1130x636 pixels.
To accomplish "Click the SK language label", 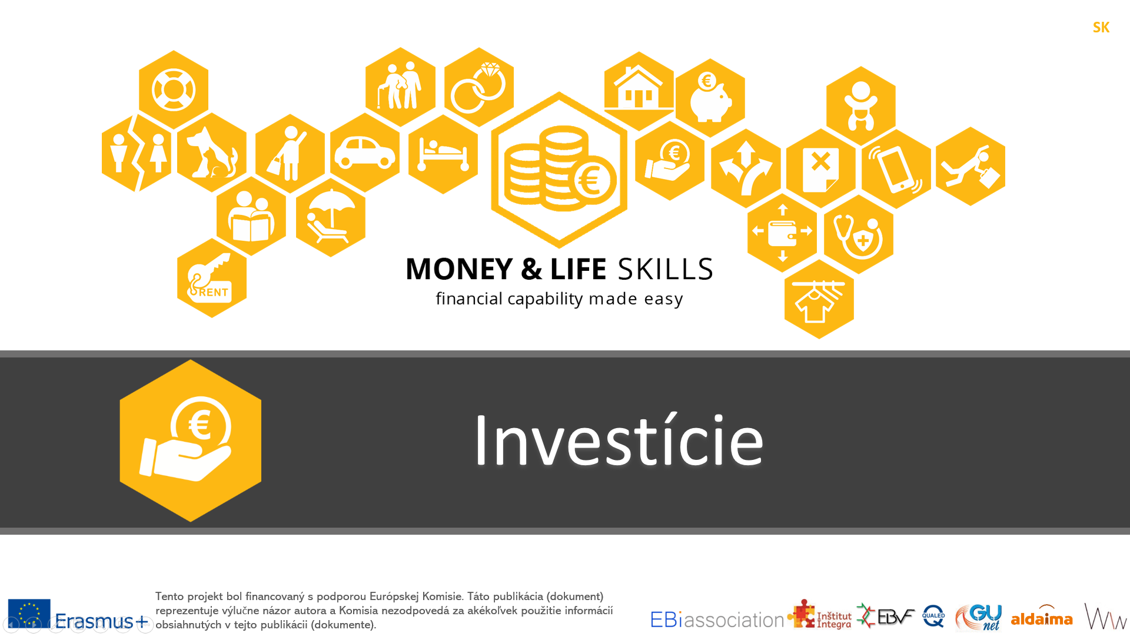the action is click(x=1101, y=28).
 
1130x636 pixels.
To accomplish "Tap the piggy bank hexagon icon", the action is click(x=710, y=98).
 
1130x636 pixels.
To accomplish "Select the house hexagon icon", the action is click(x=639, y=91).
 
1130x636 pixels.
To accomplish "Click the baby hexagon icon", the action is click(x=861, y=106).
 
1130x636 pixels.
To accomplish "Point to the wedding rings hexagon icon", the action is click(x=479, y=87).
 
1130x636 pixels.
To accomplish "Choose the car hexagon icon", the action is click(x=365, y=153).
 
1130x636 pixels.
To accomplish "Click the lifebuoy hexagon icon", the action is click(x=174, y=90).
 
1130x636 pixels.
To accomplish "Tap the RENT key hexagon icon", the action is click(x=212, y=278).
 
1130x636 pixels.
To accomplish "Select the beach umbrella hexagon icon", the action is click(x=331, y=217).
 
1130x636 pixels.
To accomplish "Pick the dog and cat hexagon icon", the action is click(x=212, y=153).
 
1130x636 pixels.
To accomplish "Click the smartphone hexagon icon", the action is click(x=896, y=168).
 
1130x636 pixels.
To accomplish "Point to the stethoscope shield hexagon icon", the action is click(x=859, y=234).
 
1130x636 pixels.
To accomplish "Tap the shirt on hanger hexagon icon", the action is click(x=819, y=299).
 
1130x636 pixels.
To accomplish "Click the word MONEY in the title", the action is click(x=459, y=269).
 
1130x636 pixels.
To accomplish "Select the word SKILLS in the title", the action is click(x=666, y=269).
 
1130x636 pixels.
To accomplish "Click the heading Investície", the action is click(x=619, y=440).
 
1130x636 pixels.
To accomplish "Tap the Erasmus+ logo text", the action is click(x=102, y=621).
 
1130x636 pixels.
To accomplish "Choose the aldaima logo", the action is click(x=1042, y=615).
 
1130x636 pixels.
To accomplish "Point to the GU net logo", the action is click(x=979, y=617).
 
